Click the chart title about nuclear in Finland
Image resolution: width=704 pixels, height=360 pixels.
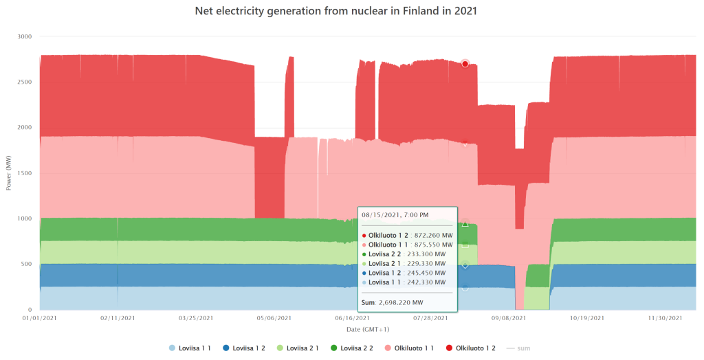point(351,12)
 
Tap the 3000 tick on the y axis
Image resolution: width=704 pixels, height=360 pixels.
point(25,36)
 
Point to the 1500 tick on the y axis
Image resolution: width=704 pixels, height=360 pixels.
point(25,173)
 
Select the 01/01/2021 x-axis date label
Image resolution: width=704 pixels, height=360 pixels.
point(39,318)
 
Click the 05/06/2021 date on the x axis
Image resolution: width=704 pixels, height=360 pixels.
point(274,318)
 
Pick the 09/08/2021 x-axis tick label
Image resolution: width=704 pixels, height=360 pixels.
point(509,318)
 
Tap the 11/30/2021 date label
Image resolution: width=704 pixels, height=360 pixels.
point(665,318)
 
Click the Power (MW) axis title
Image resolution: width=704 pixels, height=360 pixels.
point(8,173)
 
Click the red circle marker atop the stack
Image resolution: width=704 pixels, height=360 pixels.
point(465,64)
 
